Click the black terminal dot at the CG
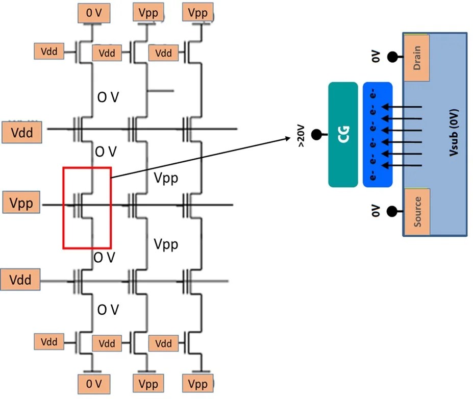317,135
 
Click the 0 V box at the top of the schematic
94,13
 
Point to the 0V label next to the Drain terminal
376,57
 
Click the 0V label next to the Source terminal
376,210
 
